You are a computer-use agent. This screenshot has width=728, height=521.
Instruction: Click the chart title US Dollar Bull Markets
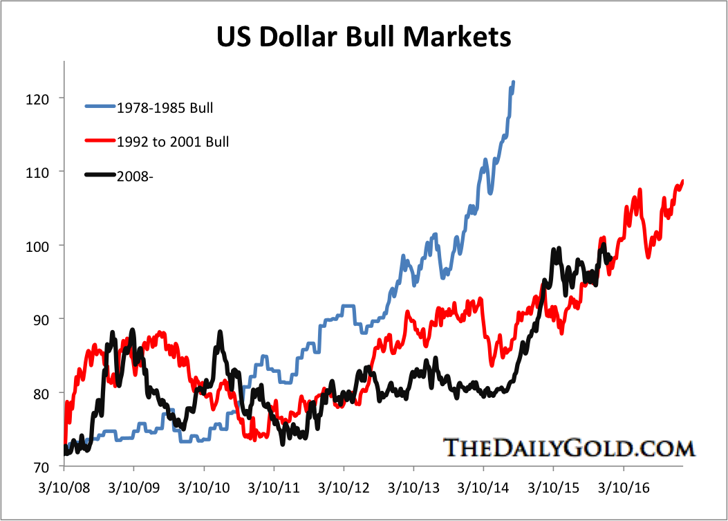click(x=364, y=37)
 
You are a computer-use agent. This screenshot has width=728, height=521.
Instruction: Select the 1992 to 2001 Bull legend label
click(x=173, y=142)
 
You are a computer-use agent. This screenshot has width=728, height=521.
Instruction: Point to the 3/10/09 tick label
click(x=133, y=488)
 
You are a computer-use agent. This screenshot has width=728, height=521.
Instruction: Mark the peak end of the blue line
click(x=513, y=82)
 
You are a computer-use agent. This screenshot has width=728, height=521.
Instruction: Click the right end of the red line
click(x=682, y=181)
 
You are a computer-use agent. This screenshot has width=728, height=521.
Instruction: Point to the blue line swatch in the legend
click(x=100, y=108)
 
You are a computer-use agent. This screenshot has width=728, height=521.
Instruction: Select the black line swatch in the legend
click(x=100, y=176)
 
